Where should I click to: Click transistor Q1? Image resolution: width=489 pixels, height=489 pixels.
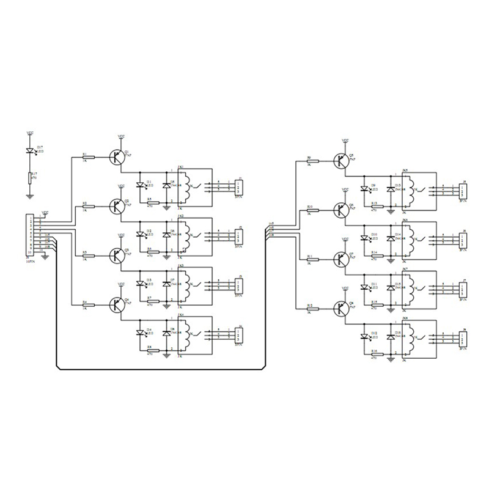(x=116, y=157)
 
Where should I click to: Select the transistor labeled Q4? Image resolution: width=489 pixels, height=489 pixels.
(x=116, y=304)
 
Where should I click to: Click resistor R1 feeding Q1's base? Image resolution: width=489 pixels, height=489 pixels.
(x=88, y=157)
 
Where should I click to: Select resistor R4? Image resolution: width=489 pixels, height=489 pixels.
(x=88, y=304)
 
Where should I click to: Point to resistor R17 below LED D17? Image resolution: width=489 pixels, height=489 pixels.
(x=29, y=178)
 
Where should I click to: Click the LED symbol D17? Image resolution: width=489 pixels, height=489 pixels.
(x=29, y=150)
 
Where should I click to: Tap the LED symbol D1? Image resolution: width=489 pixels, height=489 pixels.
(x=140, y=185)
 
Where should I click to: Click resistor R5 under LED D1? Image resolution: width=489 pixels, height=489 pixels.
(x=152, y=201)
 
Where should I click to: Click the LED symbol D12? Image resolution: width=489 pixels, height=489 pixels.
(x=366, y=336)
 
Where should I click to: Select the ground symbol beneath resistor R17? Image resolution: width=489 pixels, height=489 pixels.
(x=29, y=195)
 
